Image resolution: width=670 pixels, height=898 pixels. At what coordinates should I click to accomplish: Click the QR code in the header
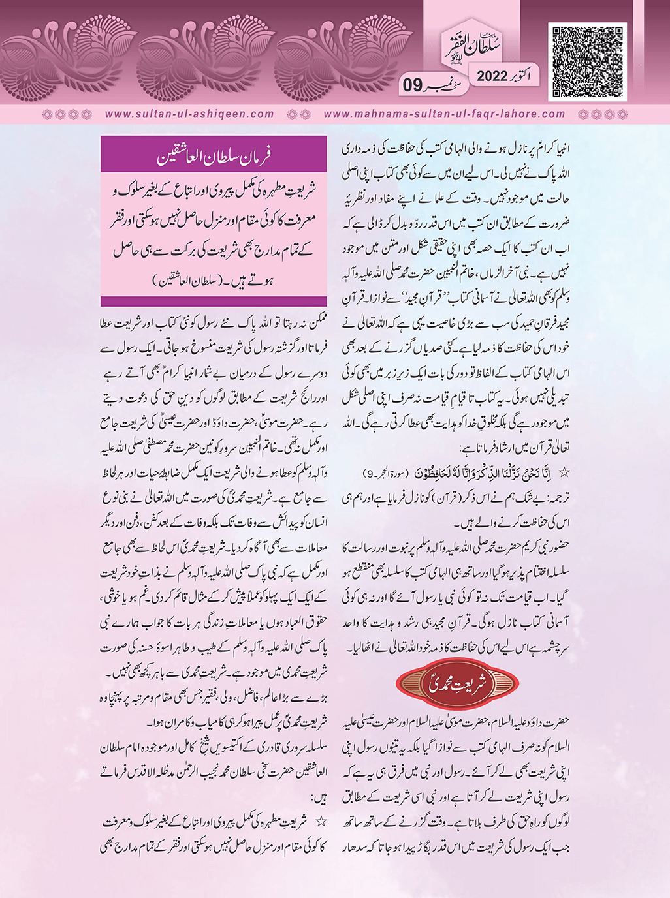click(588, 62)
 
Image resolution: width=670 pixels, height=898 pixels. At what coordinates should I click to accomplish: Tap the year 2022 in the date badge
click(497, 76)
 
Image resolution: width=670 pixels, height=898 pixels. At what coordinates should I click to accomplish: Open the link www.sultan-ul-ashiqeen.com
click(189, 114)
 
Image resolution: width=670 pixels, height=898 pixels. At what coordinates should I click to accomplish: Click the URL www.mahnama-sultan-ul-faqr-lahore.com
click(444, 114)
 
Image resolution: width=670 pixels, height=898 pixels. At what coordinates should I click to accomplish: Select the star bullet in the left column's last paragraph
click(320, 821)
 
